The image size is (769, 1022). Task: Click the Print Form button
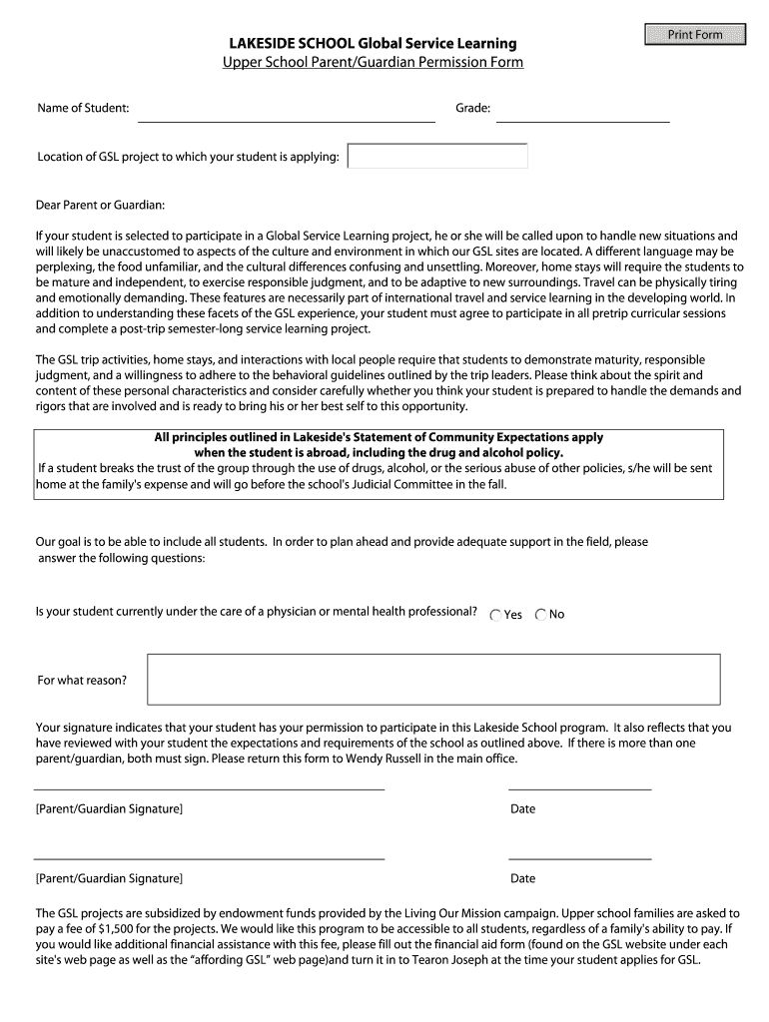click(695, 35)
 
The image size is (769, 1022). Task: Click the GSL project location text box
click(437, 157)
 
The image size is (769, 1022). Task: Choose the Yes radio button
click(496, 615)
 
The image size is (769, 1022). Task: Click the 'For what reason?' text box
click(433, 679)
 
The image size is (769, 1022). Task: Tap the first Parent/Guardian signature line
click(210, 782)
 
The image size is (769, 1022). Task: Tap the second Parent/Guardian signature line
click(210, 851)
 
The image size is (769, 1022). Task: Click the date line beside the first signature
click(579, 782)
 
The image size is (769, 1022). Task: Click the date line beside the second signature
click(579, 851)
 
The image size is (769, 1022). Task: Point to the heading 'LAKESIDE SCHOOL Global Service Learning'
click(374, 43)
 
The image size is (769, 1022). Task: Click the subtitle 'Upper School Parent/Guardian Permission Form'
click(373, 62)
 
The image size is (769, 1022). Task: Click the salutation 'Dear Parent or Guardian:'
click(100, 205)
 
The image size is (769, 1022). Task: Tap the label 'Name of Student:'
click(83, 107)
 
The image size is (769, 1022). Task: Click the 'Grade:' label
click(473, 107)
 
